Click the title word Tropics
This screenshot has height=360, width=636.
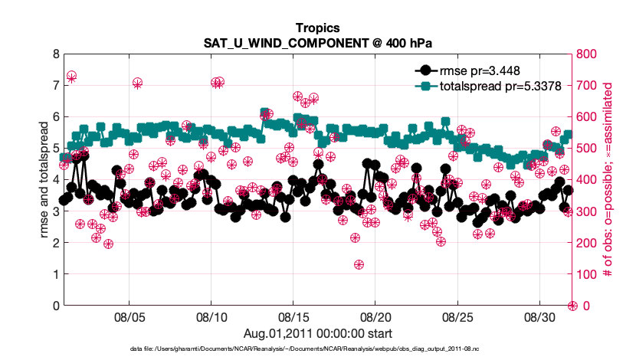(x=317, y=28)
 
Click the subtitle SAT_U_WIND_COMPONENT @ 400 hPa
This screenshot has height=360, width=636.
(x=317, y=43)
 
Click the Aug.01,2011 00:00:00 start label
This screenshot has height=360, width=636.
(x=317, y=333)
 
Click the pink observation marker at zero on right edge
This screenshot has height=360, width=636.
(x=572, y=306)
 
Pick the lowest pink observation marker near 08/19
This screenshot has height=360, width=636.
(x=359, y=265)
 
